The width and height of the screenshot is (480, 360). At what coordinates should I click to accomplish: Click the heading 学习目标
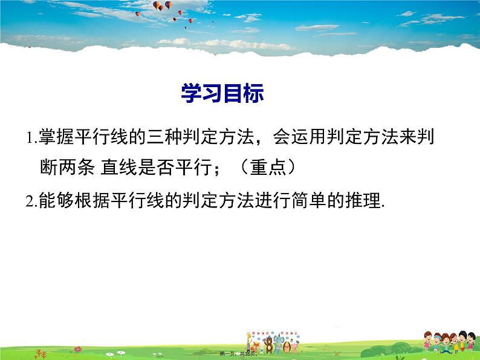pyautogui.click(x=223, y=94)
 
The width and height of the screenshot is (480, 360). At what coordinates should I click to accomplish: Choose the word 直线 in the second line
pyautogui.click(x=115, y=168)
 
